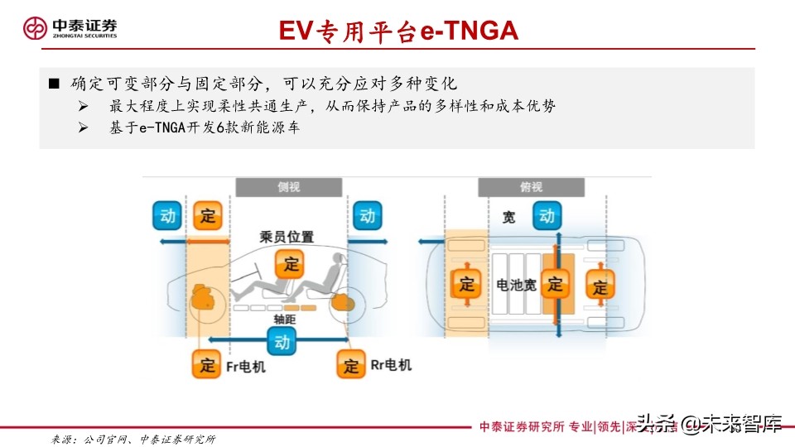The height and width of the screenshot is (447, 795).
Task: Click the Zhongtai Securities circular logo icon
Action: click(x=34, y=28)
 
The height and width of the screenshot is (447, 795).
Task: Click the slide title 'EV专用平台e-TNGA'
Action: click(x=397, y=31)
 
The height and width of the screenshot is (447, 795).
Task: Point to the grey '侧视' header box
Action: click(x=288, y=187)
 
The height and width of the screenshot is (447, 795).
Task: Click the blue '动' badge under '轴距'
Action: click(x=282, y=340)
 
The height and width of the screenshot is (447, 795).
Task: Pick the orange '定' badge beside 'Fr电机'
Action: click(x=206, y=364)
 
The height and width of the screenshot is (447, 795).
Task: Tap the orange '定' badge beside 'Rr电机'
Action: click(x=351, y=364)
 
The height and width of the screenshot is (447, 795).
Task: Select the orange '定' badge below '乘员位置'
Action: click(x=291, y=265)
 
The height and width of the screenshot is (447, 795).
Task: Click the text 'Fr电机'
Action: click(x=246, y=365)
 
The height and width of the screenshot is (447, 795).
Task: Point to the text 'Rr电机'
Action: click(x=390, y=364)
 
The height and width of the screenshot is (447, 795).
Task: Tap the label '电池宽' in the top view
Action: click(x=516, y=285)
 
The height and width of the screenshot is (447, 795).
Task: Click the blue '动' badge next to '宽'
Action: click(x=547, y=216)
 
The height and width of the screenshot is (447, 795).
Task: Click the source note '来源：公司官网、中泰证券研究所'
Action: click(x=132, y=439)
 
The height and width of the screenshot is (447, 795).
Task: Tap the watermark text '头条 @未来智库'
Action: click(x=709, y=425)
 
